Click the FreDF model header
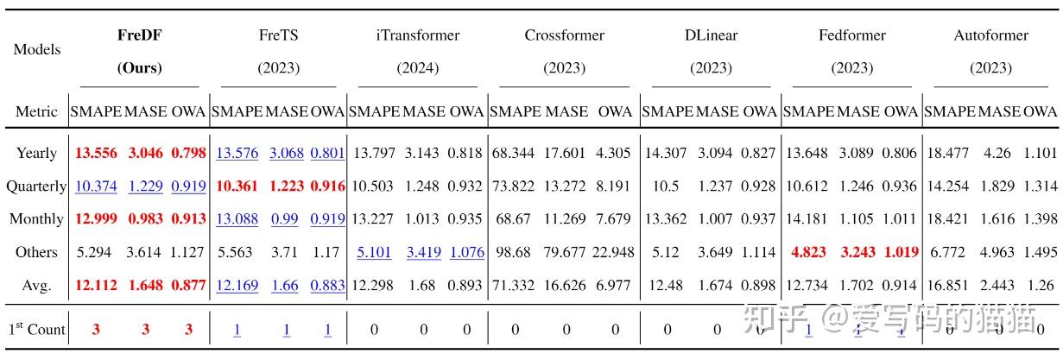139,35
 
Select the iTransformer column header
417,35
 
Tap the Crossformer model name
564,35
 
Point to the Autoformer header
990,35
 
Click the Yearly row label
36,153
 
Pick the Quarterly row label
36,186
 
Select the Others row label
36,252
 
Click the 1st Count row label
36,329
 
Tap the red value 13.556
97,153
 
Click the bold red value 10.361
237,186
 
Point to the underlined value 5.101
374,252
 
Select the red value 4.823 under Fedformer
808,252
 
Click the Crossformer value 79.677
566,252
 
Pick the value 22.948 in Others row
615,252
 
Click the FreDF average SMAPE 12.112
97,285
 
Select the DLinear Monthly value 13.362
666,218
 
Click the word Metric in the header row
36,111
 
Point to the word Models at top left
37,49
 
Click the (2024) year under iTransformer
417,67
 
